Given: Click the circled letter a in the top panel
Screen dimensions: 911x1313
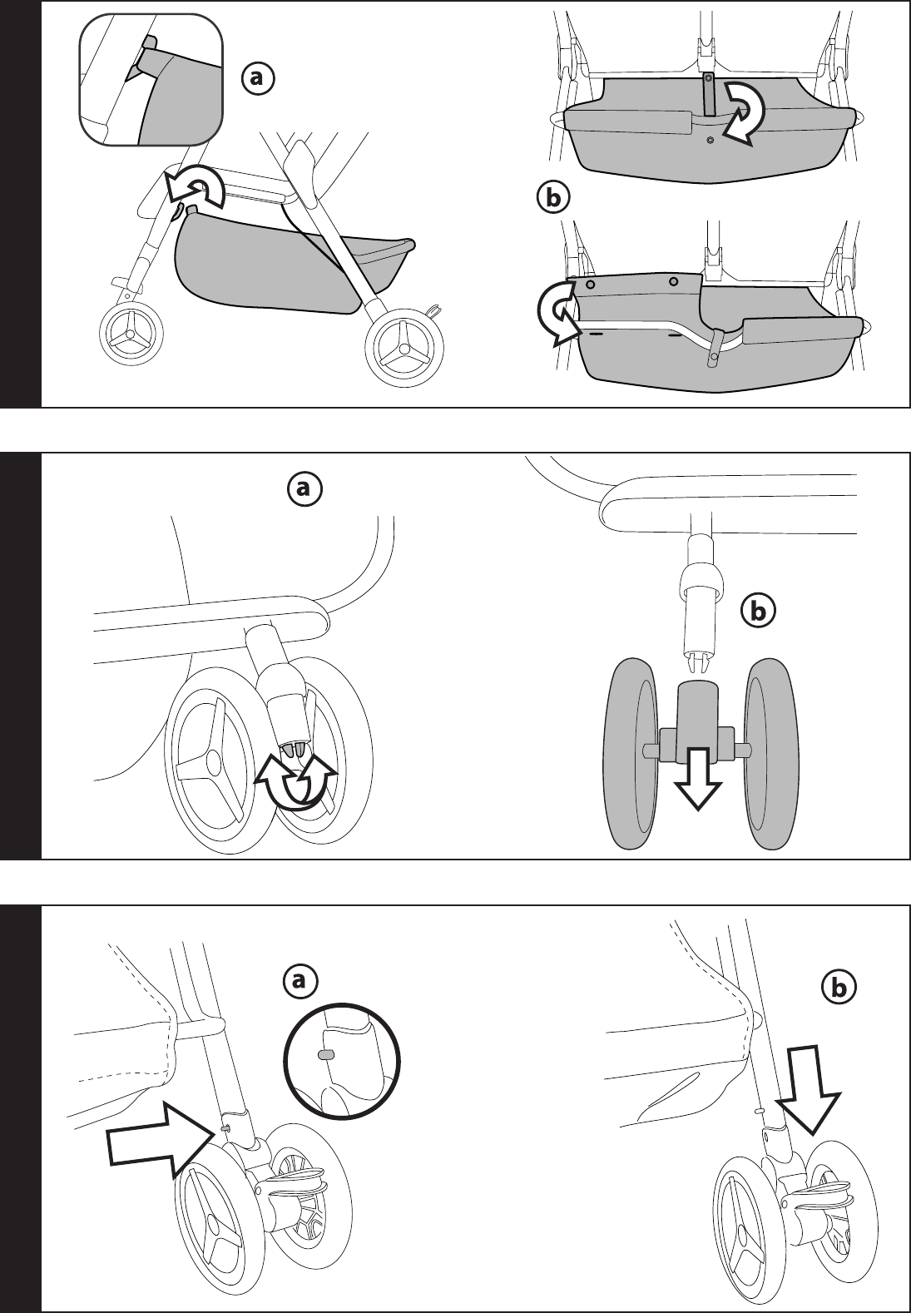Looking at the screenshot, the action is point(257,77).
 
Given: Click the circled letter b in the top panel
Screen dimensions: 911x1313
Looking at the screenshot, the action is point(552,199).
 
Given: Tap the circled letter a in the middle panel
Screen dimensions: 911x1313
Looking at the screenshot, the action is point(304,489).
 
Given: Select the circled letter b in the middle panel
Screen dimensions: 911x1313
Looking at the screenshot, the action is point(756,612).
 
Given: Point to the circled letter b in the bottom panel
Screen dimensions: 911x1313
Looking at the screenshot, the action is point(838,987).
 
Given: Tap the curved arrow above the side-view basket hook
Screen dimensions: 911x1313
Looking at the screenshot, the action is point(196,189).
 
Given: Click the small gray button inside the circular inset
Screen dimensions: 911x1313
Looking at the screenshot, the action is point(326,1053).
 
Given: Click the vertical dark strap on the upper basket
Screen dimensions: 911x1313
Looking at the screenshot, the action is point(709,94).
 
